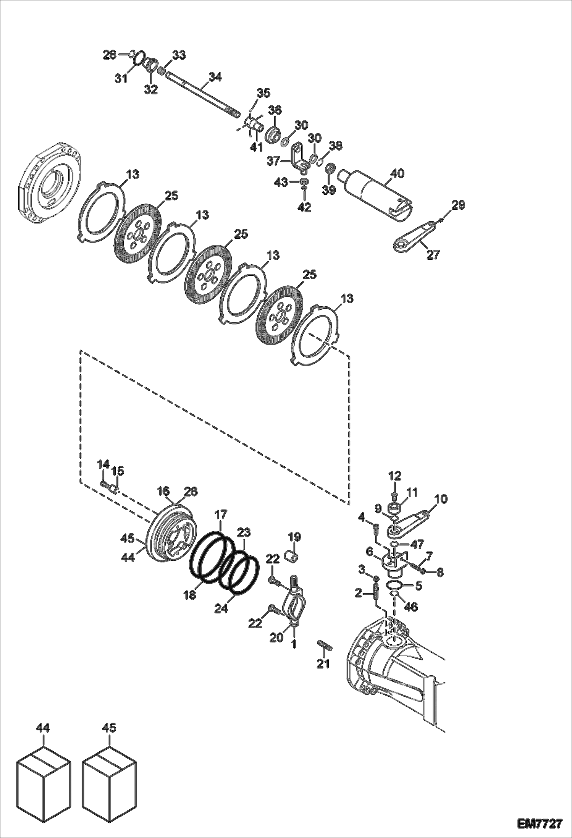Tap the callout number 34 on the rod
[x=215, y=77]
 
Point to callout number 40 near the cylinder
[x=397, y=173]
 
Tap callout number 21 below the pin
[x=323, y=664]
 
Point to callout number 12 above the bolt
[x=395, y=476]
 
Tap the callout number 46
[x=411, y=607]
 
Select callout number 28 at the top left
[x=110, y=55]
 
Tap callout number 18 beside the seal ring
[x=190, y=595]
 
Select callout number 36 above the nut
[x=275, y=110]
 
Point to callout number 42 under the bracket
[x=304, y=207]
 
